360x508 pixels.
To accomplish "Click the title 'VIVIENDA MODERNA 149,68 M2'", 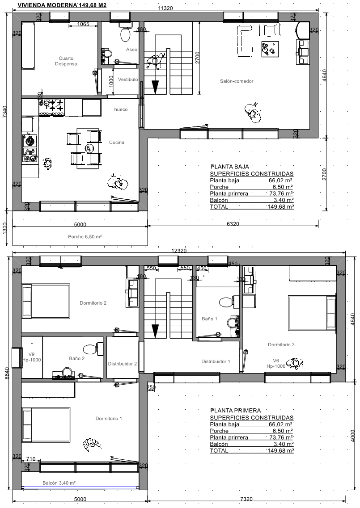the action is click(62, 5).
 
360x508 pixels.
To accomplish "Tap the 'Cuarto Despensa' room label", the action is click(66, 61).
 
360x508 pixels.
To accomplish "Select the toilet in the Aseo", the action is click(125, 32).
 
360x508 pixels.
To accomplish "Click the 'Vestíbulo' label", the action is click(128, 80).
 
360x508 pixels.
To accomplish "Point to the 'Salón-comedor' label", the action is click(237, 81).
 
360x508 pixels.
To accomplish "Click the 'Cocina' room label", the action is click(116, 142).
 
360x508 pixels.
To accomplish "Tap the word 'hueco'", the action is click(121, 109).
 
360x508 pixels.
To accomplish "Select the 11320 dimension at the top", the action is click(165, 8).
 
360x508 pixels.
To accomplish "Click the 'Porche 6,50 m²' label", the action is click(85, 237).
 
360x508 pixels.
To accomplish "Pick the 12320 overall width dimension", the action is click(179, 251).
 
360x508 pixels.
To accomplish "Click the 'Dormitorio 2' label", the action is click(93, 303).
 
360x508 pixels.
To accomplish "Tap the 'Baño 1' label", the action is click(209, 319).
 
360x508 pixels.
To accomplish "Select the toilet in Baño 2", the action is click(91, 349).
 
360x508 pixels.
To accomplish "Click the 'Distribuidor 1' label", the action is click(216, 361).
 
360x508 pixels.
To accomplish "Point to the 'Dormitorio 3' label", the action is click(281, 344).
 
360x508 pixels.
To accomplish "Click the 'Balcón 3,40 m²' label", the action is click(59, 483).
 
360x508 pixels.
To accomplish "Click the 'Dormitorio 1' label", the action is click(109, 418).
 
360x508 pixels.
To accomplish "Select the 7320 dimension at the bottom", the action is click(246, 499).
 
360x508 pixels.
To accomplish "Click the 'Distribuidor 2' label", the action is click(122, 364).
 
